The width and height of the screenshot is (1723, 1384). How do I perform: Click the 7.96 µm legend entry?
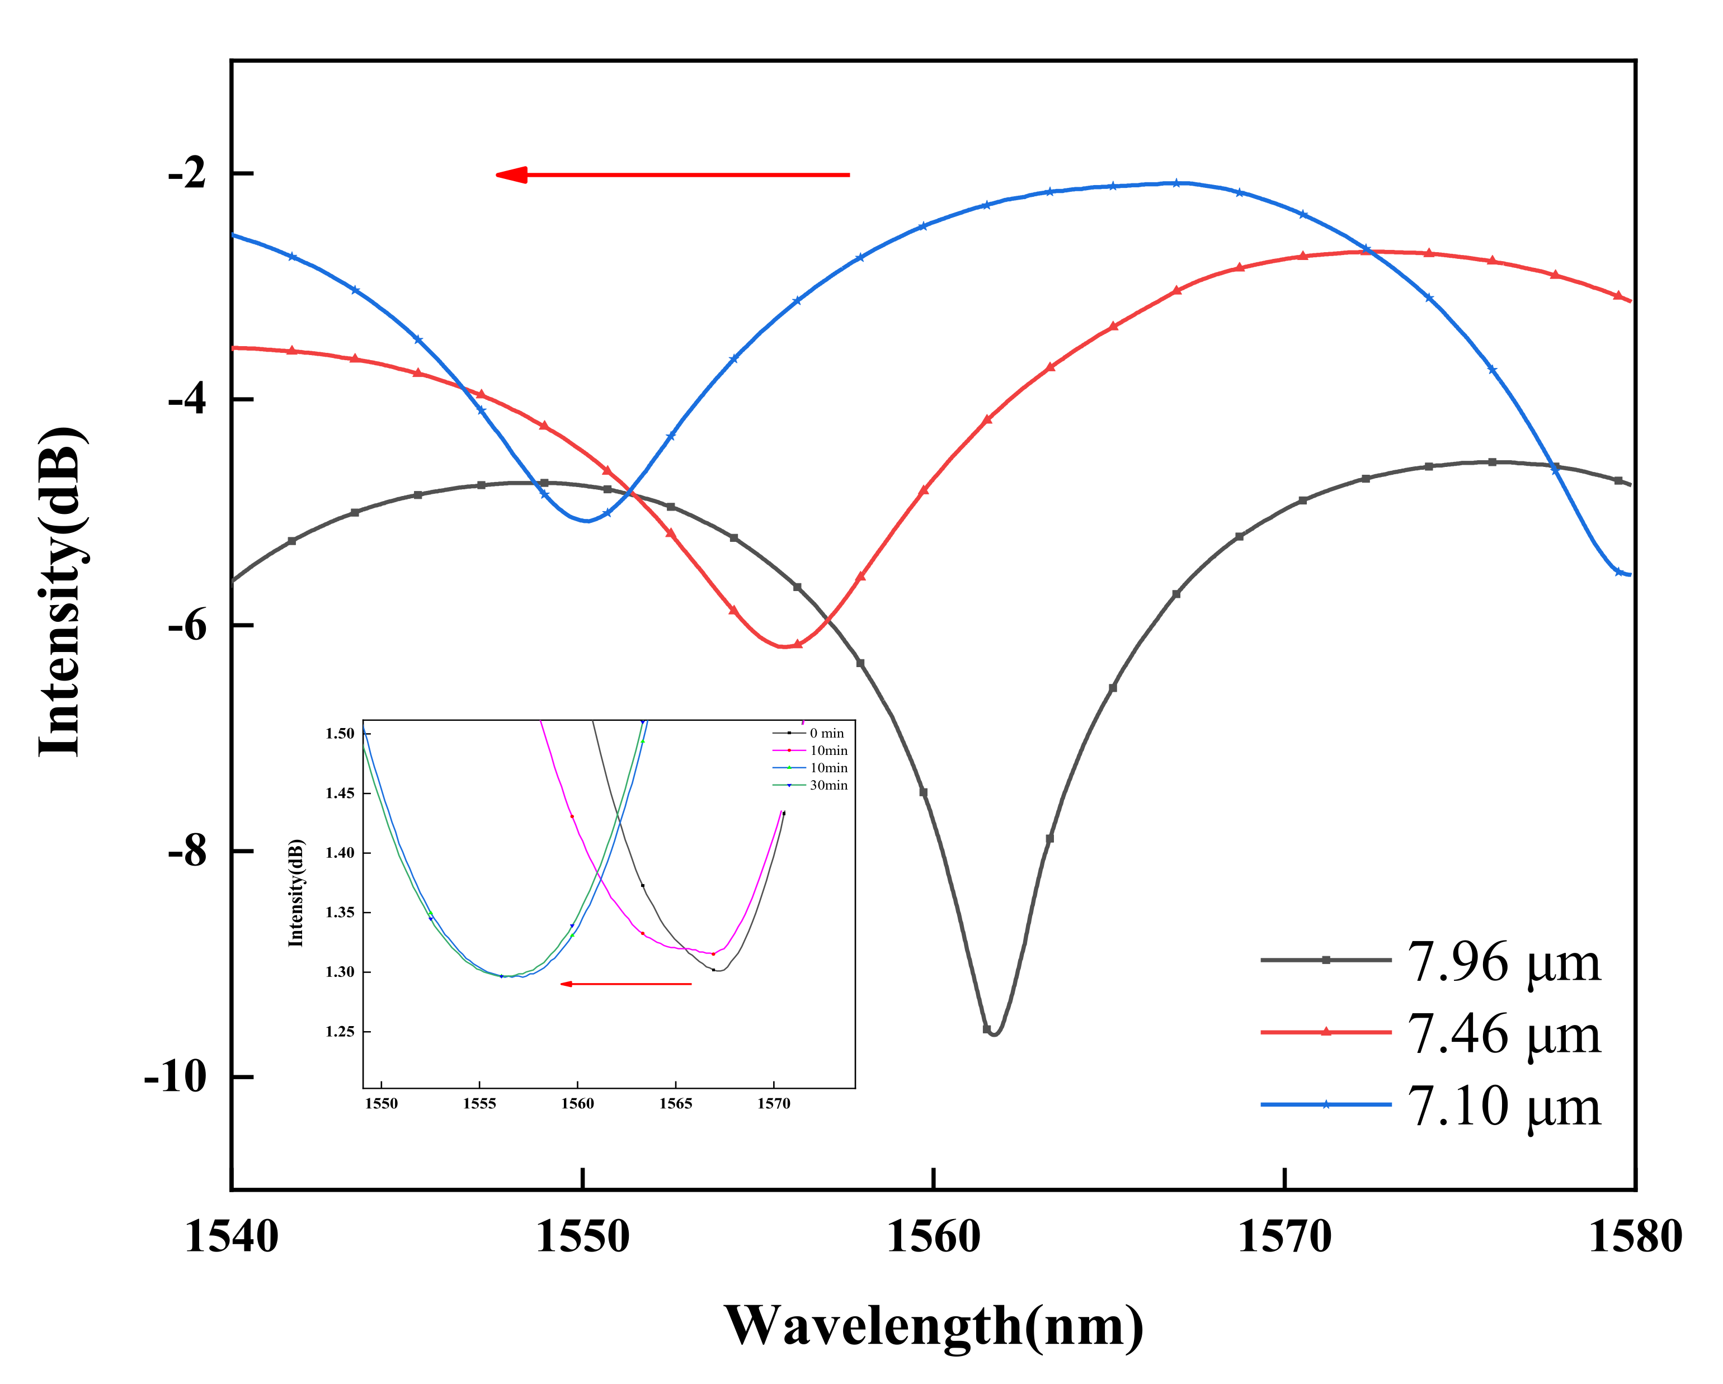coord(1503,962)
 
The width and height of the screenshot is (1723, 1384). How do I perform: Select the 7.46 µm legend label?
coord(1503,1034)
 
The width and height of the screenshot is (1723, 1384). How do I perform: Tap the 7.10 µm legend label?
coord(1503,1106)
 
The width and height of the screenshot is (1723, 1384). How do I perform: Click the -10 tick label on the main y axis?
coord(175,1076)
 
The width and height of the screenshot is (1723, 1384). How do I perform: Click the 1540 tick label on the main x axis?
coord(232,1237)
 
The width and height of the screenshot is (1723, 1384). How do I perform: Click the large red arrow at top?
coord(671,174)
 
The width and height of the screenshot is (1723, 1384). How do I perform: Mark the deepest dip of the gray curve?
coord(994,1034)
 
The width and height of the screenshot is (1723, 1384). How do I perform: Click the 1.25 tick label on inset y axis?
coord(339,1032)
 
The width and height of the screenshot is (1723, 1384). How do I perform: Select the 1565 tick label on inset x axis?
coord(675,1103)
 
